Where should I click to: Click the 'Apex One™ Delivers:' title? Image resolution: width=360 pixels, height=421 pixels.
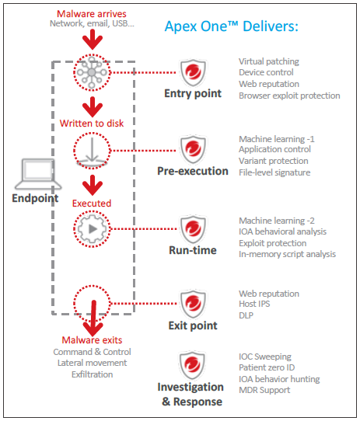tap(232, 26)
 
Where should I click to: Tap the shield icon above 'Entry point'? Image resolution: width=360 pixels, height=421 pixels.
tap(193, 73)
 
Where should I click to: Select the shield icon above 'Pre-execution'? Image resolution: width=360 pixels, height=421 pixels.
tap(193, 150)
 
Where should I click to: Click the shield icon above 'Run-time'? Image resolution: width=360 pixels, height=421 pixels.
tap(193, 229)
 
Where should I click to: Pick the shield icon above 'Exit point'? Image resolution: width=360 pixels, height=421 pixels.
tap(193, 304)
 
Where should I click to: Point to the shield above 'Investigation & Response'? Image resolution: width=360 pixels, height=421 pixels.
tap(192, 365)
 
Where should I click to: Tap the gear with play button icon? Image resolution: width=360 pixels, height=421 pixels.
tap(92, 229)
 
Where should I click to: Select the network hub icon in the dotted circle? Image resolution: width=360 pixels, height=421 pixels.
tap(92, 72)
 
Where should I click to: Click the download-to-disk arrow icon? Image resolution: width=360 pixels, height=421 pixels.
tap(92, 151)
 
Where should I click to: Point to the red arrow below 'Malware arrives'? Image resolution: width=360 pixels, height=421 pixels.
tap(93, 40)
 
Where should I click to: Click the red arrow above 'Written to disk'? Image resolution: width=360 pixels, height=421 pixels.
tap(93, 107)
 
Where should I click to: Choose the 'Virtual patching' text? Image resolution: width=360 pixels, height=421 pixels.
tap(269, 61)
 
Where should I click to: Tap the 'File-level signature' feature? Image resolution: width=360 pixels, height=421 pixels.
tap(274, 172)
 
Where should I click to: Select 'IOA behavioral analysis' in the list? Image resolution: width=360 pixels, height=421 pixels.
tap(282, 231)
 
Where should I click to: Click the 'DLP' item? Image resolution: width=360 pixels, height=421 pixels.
tap(246, 315)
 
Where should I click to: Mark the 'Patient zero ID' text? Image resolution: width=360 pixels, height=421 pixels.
tap(267, 367)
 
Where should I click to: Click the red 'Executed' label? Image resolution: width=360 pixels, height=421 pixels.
tap(92, 204)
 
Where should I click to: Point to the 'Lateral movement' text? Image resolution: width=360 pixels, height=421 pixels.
tap(92, 363)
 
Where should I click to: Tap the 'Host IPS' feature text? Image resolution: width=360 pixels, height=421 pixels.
tap(254, 304)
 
